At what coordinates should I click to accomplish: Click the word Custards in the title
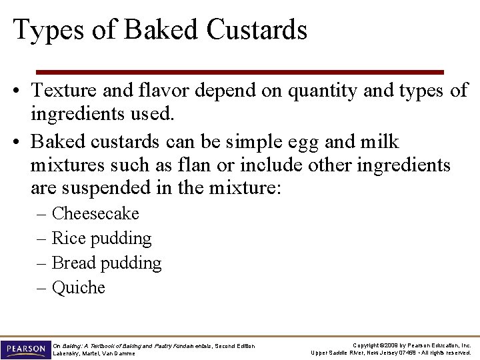click(x=257, y=30)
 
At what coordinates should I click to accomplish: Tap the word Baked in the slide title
click(x=164, y=30)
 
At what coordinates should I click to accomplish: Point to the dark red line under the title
click(x=239, y=71)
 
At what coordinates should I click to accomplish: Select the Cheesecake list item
click(x=95, y=213)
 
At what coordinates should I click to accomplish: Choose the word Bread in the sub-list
click(x=73, y=263)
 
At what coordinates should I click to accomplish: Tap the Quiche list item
click(x=79, y=287)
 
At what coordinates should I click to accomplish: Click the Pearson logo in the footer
click(x=26, y=349)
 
